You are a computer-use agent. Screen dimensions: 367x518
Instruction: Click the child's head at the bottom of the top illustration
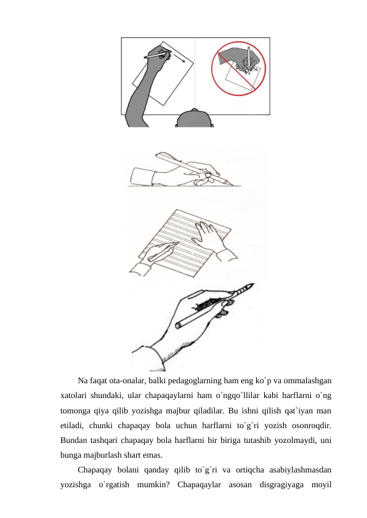click(x=195, y=118)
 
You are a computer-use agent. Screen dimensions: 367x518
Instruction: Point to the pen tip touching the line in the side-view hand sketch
click(x=232, y=185)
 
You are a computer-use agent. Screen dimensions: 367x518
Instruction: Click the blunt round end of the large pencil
click(x=178, y=325)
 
